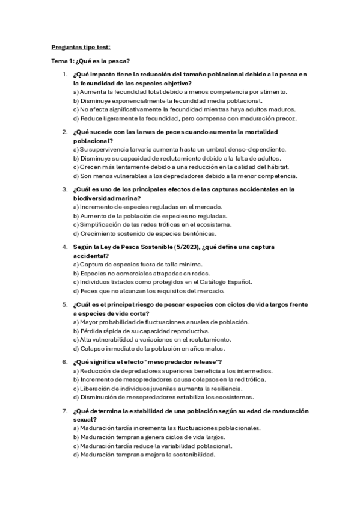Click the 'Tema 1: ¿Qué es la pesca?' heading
click(90, 61)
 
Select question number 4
click(65, 247)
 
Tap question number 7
click(65, 411)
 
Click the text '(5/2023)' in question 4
click(172, 247)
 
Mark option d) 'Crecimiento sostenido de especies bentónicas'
click(144, 233)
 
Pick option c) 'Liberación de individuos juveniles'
click(159, 388)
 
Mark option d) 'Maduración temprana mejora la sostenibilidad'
click(144, 455)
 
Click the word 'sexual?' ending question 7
click(85, 419)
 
